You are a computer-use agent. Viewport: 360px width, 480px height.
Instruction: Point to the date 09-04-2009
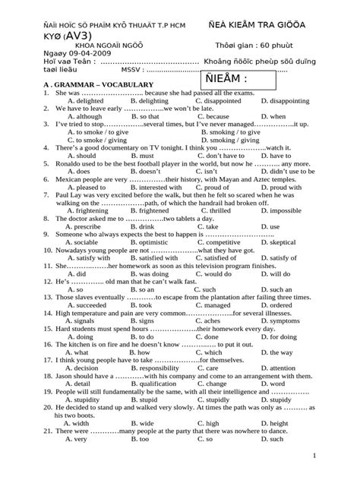pyautogui.click(x=76, y=56)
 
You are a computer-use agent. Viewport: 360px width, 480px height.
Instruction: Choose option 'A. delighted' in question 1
pyautogui.click(x=85, y=100)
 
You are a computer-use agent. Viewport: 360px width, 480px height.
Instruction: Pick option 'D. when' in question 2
pyautogui.click(x=273, y=117)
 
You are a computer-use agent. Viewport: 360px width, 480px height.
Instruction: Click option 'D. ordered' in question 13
pyautogui.click(x=277, y=305)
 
